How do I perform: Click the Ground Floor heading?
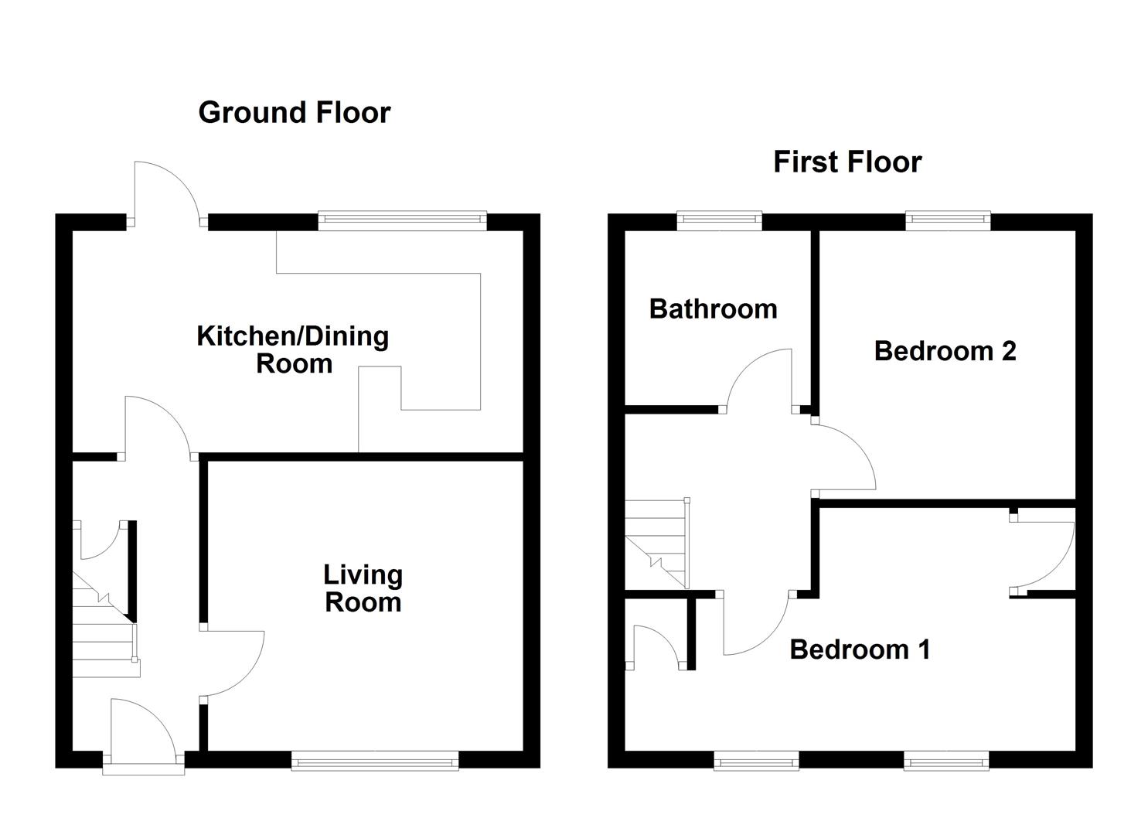pos(295,113)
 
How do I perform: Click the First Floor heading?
pos(847,162)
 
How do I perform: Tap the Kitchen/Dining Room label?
pos(293,350)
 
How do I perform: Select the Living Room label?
pos(363,588)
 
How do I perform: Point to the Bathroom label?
pos(713,309)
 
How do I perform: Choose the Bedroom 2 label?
pos(945,351)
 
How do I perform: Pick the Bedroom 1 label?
pos(860,649)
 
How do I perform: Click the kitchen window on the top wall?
pos(402,220)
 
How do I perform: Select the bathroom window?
pos(719,220)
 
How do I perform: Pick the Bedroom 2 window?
pos(948,220)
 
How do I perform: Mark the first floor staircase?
pos(657,544)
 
